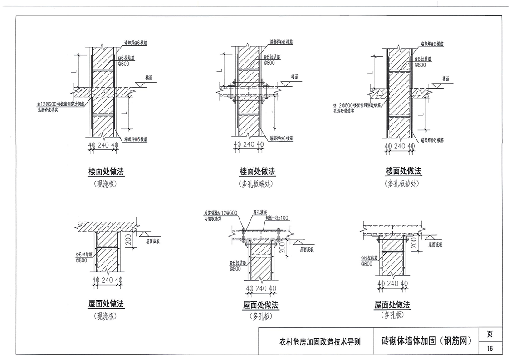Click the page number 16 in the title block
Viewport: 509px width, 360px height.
(489, 348)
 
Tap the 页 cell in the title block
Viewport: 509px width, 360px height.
(489, 335)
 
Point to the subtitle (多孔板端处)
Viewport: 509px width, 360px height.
(258, 184)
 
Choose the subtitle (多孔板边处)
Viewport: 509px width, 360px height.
(403, 184)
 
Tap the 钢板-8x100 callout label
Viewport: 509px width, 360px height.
(276, 217)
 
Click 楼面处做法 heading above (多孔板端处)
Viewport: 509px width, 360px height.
(258, 172)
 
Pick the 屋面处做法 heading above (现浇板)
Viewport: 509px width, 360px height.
(106, 303)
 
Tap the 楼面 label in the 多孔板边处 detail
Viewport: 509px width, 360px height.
(443, 79)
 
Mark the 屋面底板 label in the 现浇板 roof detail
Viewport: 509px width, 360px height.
(153, 242)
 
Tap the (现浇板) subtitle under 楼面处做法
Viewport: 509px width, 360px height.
(106, 184)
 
